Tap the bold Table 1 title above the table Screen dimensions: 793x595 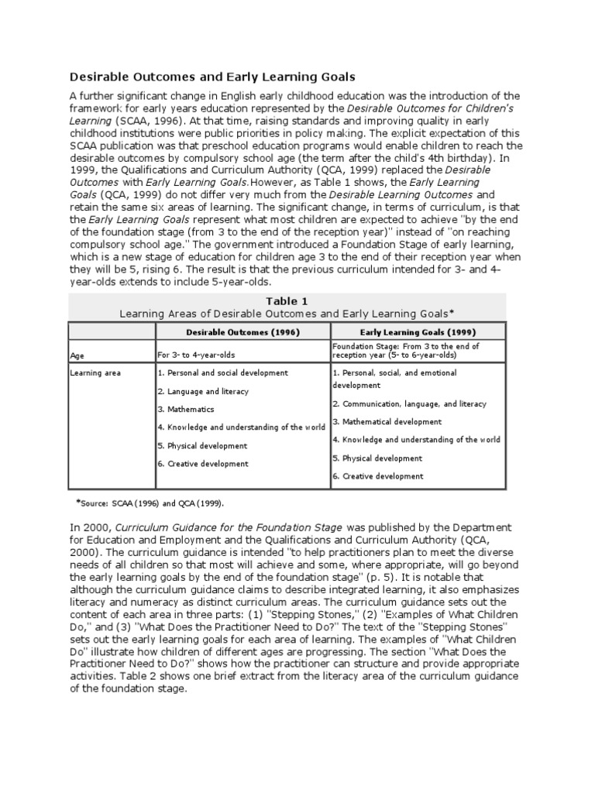coord(287,300)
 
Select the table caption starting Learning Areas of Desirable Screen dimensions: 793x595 coord(287,314)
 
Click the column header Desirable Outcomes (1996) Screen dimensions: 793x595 coord(242,331)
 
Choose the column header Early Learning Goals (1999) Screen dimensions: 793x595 coord(418,331)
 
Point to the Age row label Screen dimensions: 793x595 coord(77,355)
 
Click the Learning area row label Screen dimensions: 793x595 coord(95,373)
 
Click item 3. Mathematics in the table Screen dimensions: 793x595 coord(186,410)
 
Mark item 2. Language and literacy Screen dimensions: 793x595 coord(203,392)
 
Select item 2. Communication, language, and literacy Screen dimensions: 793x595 coord(409,403)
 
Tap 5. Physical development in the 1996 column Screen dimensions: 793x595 coord(202,446)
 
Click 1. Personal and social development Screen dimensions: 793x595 coord(222,373)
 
